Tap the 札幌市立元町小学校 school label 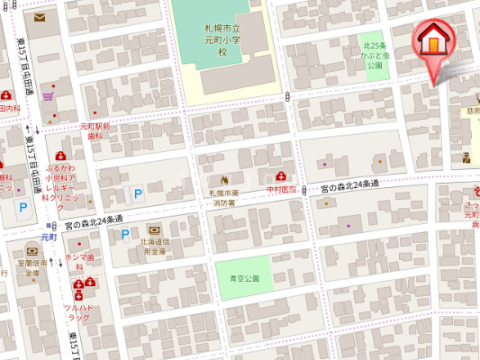tap(221, 40)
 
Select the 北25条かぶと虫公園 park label tap(374, 55)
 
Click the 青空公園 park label tap(243, 278)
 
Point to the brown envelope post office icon tap(41, 17)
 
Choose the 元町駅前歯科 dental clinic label tap(95, 130)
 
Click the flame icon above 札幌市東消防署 tap(224, 178)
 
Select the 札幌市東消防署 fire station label tap(224, 196)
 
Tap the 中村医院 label tap(281, 190)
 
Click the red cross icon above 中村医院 tap(282, 176)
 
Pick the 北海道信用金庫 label tap(154, 246)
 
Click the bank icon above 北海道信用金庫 tap(152, 229)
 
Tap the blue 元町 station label tap(48, 237)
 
